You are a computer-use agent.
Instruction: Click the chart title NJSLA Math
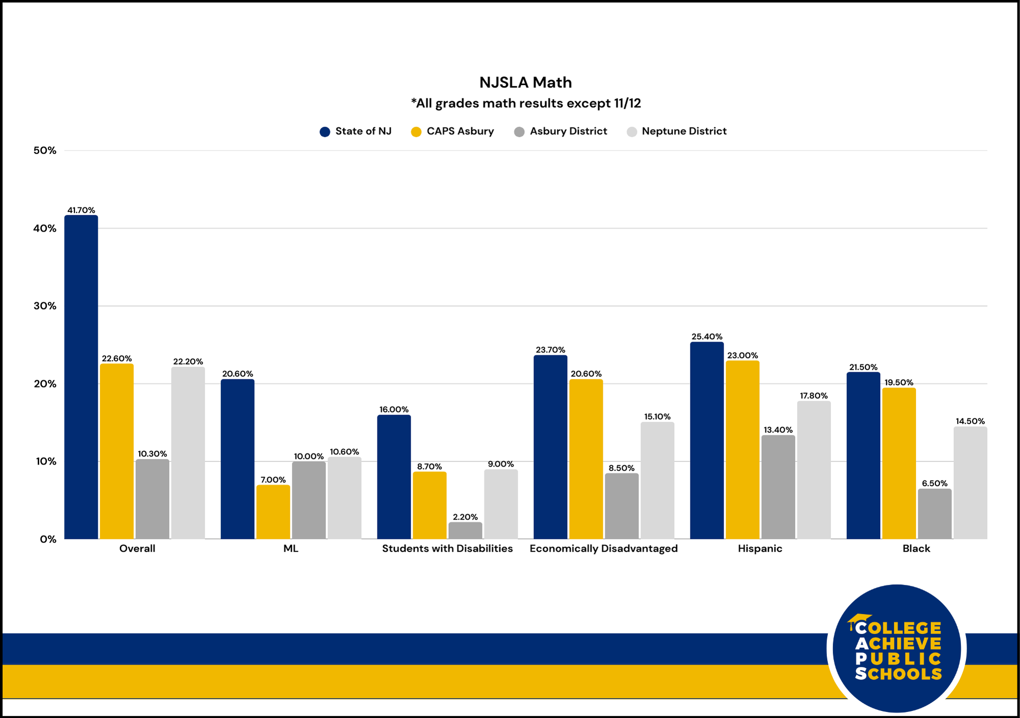pos(525,83)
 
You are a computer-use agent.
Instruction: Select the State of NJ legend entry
pos(355,132)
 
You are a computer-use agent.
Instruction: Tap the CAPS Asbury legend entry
pos(452,132)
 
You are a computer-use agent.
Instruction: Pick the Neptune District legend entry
pos(676,132)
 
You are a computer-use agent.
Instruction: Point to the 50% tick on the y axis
pos(45,150)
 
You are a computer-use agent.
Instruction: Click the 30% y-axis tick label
pos(45,306)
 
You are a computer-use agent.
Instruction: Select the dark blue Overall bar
pos(81,377)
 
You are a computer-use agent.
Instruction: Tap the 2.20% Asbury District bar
pos(465,530)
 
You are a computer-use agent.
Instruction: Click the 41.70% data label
pos(81,210)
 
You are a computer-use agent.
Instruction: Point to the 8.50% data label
pos(621,468)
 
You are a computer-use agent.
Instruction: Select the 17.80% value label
pos(813,396)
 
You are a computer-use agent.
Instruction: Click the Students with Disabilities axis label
pos(447,549)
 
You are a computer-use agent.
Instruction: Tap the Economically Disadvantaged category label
pos(603,549)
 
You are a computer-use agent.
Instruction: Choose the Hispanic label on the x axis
pos(759,549)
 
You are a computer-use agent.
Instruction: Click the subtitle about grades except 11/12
pos(525,104)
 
